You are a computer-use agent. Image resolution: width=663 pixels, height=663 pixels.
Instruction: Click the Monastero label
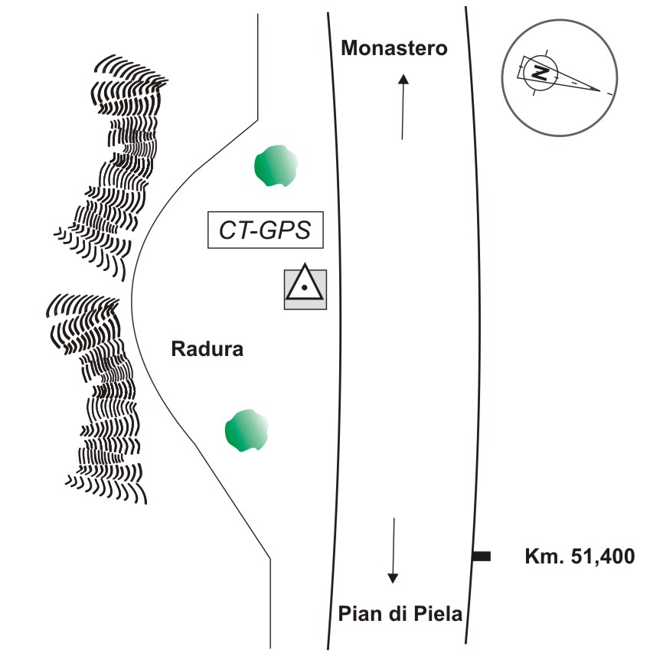(x=394, y=48)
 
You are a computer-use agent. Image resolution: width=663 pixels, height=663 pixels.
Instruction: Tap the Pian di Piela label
(x=400, y=613)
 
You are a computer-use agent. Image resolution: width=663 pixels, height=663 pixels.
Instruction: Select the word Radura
(x=207, y=349)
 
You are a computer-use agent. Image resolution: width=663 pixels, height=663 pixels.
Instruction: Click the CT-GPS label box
(x=266, y=230)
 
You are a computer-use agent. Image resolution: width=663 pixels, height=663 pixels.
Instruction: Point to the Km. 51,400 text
(x=580, y=557)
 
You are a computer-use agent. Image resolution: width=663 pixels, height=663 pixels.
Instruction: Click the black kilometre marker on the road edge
(x=482, y=556)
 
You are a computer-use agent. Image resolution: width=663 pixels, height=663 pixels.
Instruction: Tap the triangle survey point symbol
(x=305, y=283)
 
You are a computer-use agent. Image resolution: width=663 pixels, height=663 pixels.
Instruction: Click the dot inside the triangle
(x=305, y=288)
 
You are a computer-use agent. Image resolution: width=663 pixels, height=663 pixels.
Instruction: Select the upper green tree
(x=276, y=165)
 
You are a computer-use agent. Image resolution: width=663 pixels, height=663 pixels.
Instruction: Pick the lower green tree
(x=247, y=430)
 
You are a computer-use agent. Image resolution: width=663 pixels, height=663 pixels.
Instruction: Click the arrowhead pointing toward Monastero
(x=403, y=79)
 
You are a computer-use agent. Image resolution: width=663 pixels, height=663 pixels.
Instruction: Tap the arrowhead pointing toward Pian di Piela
(x=393, y=579)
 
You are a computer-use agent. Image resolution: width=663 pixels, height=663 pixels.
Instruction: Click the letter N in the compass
(x=541, y=73)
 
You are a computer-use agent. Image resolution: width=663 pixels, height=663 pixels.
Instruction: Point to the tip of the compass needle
(x=599, y=90)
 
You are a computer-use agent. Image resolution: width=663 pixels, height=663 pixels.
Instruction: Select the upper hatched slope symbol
(x=111, y=167)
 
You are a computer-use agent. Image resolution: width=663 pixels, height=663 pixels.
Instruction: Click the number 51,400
(x=603, y=557)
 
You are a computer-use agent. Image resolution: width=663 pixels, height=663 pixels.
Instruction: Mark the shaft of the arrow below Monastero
(x=403, y=111)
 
